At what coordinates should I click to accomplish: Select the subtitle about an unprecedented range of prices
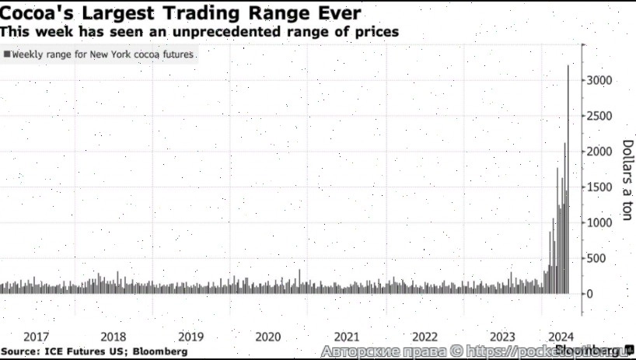200,32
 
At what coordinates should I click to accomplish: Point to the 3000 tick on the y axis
603,81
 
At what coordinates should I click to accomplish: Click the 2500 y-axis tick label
603,117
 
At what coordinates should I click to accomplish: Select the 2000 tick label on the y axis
603,152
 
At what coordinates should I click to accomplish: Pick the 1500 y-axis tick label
603,187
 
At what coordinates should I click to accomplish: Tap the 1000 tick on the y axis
603,223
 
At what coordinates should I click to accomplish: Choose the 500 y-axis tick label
599,259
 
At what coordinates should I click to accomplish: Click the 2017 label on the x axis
37,337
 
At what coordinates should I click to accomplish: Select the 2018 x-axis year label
114,337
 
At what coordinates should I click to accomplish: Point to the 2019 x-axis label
191,337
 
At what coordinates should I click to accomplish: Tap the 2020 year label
268,337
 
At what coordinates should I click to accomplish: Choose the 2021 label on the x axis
347,337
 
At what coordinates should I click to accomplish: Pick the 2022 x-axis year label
425,337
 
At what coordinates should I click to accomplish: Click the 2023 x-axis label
502,337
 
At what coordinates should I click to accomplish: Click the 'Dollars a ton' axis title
627,180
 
